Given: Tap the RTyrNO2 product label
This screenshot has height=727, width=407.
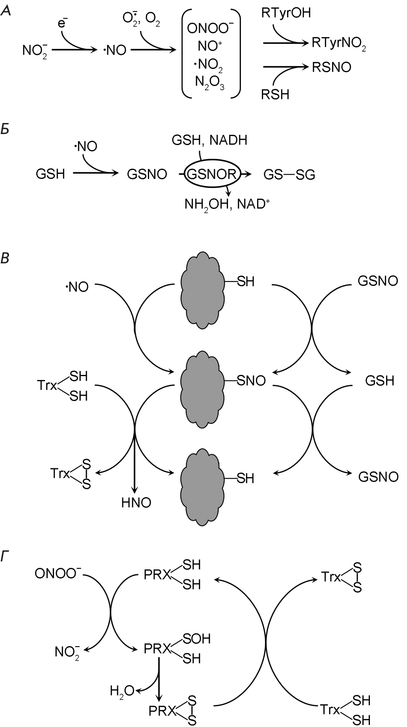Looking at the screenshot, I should coord(339,43).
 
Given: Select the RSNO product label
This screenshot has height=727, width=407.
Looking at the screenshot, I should coord(331,67).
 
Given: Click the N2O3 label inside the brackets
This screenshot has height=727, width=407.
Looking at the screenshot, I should coord(210,83).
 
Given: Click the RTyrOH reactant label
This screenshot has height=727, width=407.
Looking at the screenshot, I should coord(286,13).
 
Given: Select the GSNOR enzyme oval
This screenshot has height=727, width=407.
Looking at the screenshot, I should coord(212,174).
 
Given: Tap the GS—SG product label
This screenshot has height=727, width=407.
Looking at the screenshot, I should coord(289,174).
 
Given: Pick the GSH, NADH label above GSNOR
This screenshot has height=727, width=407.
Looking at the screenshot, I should coord(209,140).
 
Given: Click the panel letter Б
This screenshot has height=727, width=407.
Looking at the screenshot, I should coord(6,129).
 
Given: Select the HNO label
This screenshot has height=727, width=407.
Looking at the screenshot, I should coord(136,503).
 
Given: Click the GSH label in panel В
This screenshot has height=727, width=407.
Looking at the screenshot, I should coord(379,381).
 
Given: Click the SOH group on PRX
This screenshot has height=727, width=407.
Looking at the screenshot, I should coord(196,638).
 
